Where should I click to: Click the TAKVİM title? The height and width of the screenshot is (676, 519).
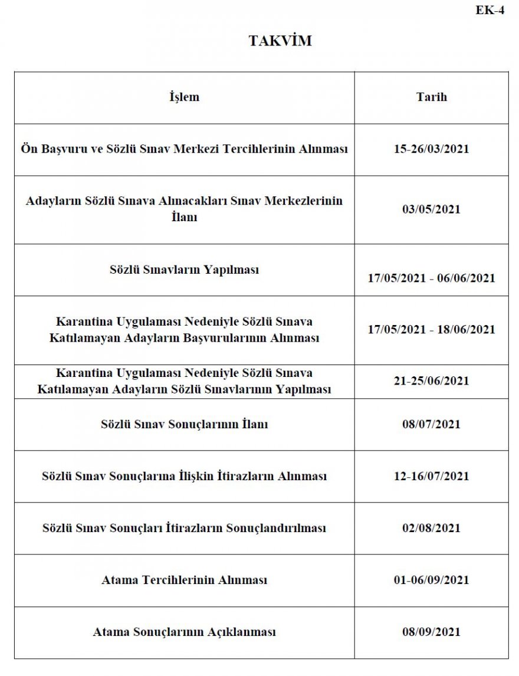280,41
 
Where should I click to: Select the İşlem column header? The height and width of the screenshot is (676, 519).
184,97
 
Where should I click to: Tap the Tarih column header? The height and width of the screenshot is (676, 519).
431,97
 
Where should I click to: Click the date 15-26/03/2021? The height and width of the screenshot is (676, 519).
431,149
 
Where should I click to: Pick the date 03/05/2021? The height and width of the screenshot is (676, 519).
431,209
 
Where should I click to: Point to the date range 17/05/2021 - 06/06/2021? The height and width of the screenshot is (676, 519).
431,278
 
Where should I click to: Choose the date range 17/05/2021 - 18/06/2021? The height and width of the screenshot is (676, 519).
431,330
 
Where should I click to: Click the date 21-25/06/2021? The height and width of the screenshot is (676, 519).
431,381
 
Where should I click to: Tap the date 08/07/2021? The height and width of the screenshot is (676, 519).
431,424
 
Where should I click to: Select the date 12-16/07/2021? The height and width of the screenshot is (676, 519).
431,476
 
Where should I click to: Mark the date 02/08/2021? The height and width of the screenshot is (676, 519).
431,528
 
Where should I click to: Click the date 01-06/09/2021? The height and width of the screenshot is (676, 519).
431,580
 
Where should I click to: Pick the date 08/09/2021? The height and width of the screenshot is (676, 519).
431,632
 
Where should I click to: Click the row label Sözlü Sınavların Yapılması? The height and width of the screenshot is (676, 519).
184,270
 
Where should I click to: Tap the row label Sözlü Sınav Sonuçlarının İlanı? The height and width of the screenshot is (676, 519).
184,424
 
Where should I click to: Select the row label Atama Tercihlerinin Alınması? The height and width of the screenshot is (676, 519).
184,580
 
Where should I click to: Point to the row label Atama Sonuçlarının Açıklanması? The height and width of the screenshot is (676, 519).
184,632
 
